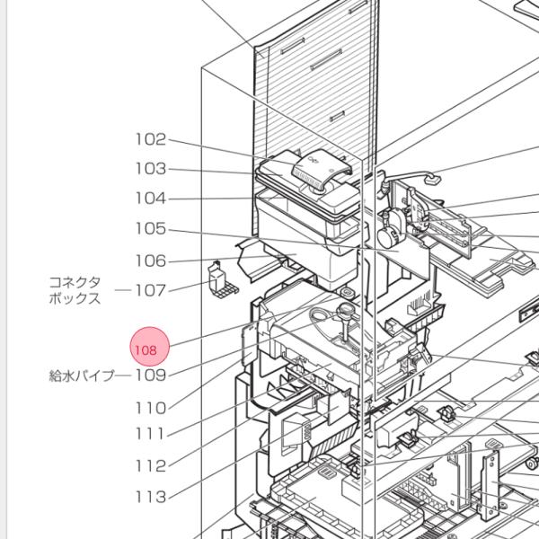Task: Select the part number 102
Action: [151, 139]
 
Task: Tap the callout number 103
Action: [151, 169]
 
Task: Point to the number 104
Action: [151, 199]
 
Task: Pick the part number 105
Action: [151, 229]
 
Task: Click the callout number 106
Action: [151, 261]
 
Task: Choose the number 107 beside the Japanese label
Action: [151, 290]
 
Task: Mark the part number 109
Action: [151, 376]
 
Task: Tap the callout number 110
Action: [151, 407]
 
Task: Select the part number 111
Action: [151, 435]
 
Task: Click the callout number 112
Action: [151, 465]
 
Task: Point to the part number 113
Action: [151, 496]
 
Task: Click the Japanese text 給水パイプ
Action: [81, 376]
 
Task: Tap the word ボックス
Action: [75, 299]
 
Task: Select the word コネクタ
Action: [75, 282]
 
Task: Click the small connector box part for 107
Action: [217, 278]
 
